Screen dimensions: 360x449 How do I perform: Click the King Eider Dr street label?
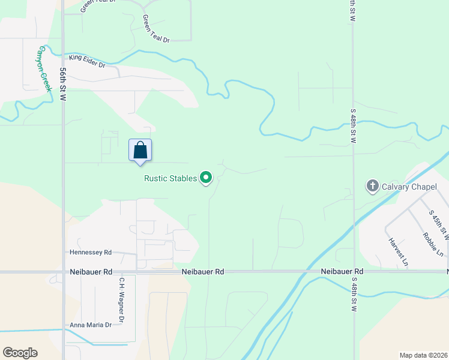pos(87,61)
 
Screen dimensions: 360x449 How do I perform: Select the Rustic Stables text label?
pos(170,178)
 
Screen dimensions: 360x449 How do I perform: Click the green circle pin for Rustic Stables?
pos(206,178)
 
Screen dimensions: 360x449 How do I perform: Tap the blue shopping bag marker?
pos(140,150)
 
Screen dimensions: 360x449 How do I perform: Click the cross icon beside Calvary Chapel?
pos(372,186)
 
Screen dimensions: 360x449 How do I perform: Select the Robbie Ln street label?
pos(433,244)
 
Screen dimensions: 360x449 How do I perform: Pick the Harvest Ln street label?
pos(398,252)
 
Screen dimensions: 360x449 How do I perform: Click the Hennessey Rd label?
pos(91,253)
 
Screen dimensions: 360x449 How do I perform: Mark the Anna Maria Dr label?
pos(91,325)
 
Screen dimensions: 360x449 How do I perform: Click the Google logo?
pos(20,353)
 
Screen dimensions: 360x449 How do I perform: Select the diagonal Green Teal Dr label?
pos(156,29)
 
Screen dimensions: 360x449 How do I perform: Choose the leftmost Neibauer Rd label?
pos(91,272)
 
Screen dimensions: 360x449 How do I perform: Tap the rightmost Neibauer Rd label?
pos(342,272)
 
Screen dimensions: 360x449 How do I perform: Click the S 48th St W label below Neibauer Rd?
pos(354,294)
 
